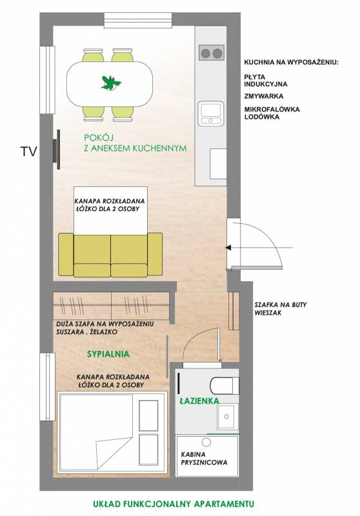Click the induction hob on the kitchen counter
(x=212, y=53)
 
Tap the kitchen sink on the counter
(x=211, y=114)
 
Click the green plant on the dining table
(x=110, y=83)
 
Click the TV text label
(x=28, y=152)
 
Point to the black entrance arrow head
(x=228, y=248)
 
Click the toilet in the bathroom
(x=225, y=386)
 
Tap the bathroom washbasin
(x=227, y=416)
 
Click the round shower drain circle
(x=206, y=442)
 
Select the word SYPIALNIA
(x=108, y=354)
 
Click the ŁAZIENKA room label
(x=199, y=401)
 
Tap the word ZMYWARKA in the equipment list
(x=264, y=96)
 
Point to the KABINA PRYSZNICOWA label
(x=204, y=459)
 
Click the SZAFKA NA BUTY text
(x=281, y=304)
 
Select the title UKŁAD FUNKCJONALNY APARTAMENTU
(x=174, y=504)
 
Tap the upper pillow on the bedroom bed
(x=148, y=415)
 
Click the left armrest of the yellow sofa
(x=66, y=253)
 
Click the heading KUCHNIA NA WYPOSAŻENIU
(x=291, y=62)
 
